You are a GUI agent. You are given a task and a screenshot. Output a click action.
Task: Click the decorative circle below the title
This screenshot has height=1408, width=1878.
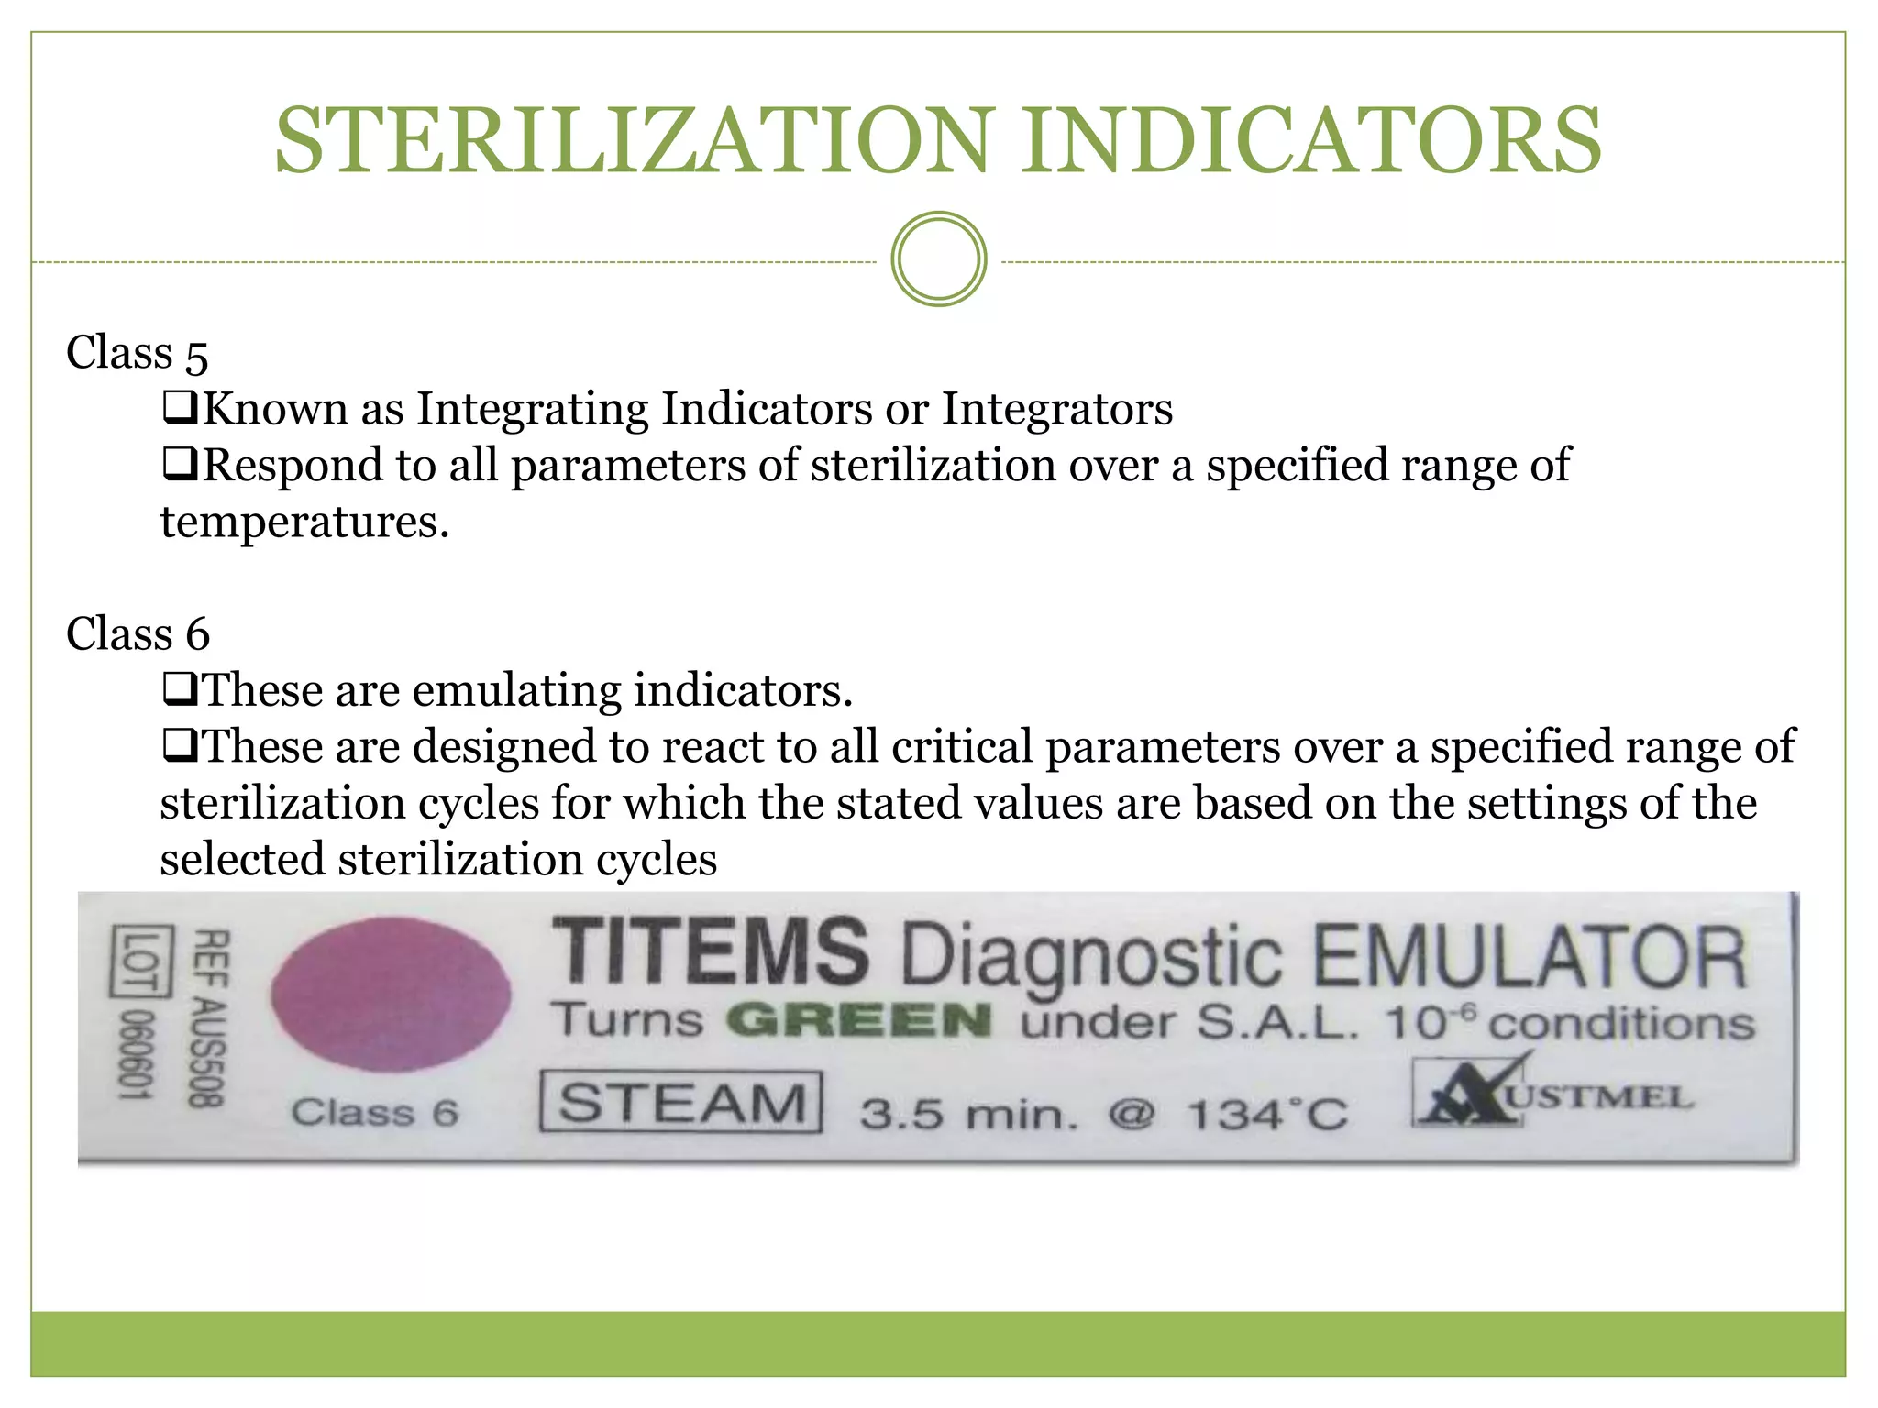pyautogui.click(x=938, y=259)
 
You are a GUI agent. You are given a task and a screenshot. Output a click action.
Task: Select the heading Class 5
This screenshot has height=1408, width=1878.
pyautogui.click(x=138, y=353)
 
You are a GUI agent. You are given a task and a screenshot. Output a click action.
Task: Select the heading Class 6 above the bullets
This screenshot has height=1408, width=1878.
pyautogui.click(x=138, y=634)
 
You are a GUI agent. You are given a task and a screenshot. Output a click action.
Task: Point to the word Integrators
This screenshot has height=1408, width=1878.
pyautogui.click(x=1057, y=409)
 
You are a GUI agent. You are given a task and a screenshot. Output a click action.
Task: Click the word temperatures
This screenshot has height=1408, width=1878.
pyautogui.click(x=304, y=522)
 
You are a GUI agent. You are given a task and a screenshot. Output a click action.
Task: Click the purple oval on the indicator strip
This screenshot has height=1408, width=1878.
pyautogui.click(x=391, y=995)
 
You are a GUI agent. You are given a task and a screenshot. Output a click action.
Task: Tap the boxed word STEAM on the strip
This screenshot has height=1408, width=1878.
pyautogui.click(x=680, y=1102)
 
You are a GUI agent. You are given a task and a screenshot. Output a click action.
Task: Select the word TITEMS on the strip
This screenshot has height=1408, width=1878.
pyautogui.click(x=710, y=951)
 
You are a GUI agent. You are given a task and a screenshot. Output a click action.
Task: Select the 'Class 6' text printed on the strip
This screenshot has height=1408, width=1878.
pyautogui.click(x=374, y=1113)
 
